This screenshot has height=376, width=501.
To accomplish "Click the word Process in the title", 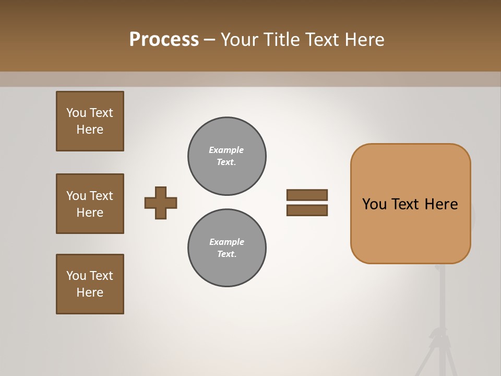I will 164,40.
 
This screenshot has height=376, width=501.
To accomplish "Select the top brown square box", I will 90,121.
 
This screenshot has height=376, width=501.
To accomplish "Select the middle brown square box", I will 90,204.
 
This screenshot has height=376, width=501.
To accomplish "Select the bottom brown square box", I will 90,284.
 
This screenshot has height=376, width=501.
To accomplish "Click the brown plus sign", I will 161,203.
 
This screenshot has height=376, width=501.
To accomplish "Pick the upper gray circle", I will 227,156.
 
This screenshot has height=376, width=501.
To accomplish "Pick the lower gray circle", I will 227,248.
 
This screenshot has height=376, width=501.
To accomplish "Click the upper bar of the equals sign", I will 307,195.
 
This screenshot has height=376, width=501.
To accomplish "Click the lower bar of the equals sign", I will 307,210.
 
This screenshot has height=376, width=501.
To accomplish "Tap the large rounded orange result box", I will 411,230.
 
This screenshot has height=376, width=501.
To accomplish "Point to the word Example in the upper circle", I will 226,150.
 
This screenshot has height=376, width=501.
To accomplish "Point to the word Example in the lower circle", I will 226,242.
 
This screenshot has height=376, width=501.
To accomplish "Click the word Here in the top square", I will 90,130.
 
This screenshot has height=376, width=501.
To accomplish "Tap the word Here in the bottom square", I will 90,292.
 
